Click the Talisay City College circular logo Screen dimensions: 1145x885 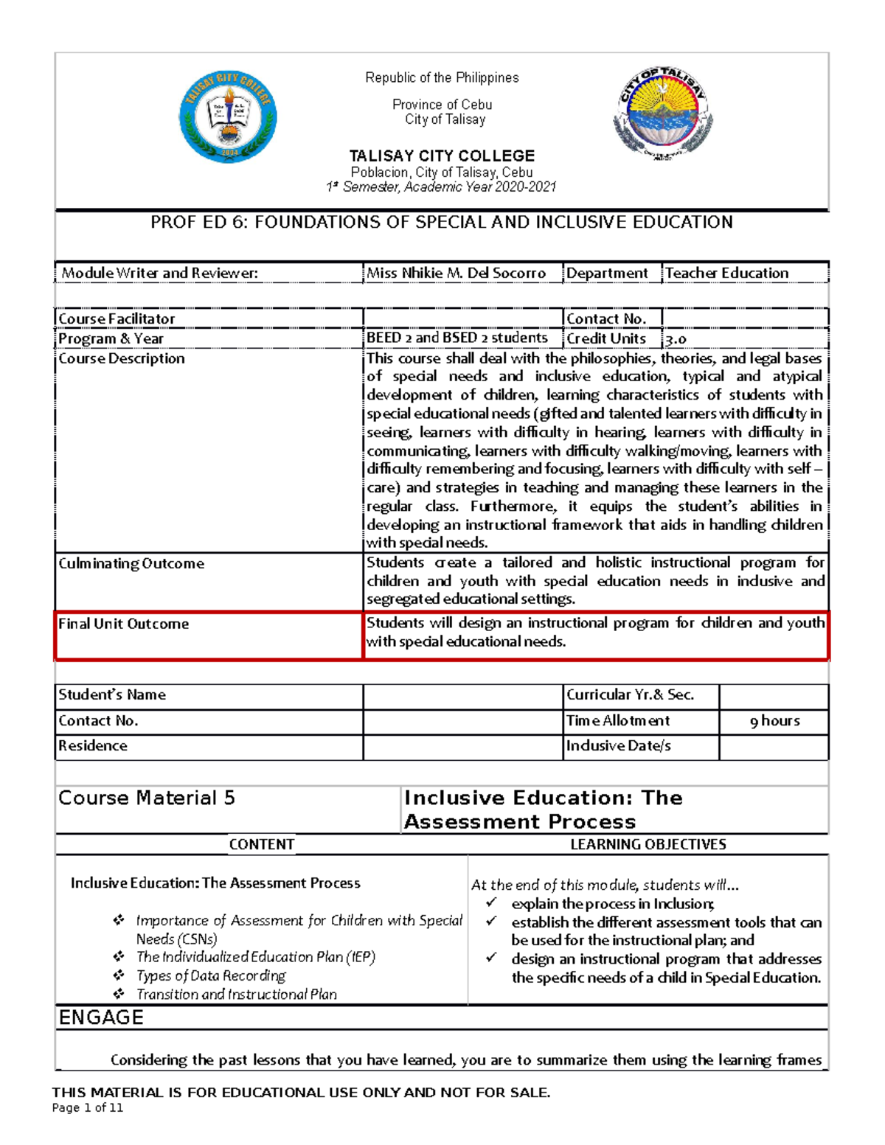[x=228, y=117]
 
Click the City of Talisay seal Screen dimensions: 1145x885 [x=663, y=114]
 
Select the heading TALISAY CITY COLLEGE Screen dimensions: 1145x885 [x=442, y=156]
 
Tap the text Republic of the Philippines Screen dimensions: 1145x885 [x=442, y=77]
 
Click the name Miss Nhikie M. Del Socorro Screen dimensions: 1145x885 [x=457, y=273]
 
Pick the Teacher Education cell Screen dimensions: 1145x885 [x=727, y=273]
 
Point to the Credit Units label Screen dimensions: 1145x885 [x=606, y=338]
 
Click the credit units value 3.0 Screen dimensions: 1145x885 [x=676, y=339]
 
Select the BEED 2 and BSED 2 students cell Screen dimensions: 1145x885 [x=457, y=338]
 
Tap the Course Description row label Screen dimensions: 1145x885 [x=122, y=358]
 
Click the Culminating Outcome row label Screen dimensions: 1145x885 [x=131, y=563]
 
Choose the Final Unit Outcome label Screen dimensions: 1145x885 [x=124, y=624]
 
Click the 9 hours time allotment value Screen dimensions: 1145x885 [x=774, y=721]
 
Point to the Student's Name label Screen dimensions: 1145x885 [x=112, y=695]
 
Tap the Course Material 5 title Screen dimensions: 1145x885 [x=147, y=798]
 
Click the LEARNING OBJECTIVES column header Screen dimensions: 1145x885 [x=648, y=844]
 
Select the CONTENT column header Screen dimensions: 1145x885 [x=262, y=844]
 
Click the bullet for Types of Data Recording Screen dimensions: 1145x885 [x=119, y=975]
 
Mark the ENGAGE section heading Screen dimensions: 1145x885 [x=101, y=1017]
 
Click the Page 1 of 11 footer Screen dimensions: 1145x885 [x=88, y=1107]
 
